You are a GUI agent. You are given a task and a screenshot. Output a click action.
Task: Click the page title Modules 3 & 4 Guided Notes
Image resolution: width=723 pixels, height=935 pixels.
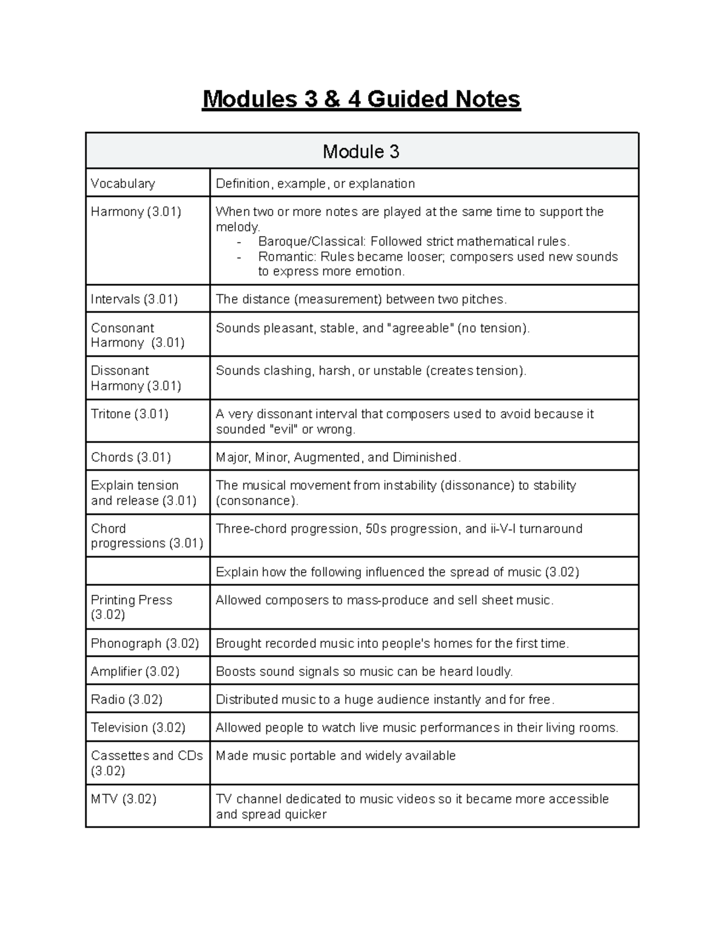coord(361,99)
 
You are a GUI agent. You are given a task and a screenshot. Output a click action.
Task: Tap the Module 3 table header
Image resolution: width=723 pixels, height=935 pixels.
coord(361,152)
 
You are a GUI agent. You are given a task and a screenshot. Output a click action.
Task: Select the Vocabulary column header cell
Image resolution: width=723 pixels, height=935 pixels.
coord(123,184)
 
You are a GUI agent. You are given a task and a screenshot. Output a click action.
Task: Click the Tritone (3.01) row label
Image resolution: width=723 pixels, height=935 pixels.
coord(130,414)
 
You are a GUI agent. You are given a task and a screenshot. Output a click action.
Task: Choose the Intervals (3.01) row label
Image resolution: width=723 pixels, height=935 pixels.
coord(134,299)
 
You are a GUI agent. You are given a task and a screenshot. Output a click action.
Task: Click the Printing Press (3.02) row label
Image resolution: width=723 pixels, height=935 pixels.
coord(131,607)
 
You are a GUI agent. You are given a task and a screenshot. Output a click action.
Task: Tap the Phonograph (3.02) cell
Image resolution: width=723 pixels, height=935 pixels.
coord(145,644)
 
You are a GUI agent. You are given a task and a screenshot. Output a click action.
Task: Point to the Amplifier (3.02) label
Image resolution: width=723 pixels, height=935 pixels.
coord(135,672)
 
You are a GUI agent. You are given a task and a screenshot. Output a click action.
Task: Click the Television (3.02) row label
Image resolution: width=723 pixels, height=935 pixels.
coord(138,728)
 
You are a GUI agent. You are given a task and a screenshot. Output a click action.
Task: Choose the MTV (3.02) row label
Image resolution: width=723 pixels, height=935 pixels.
coord(124,800)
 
